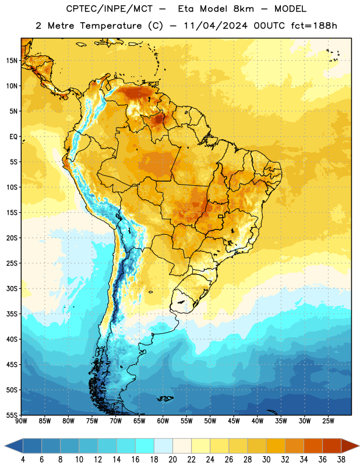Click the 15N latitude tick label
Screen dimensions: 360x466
point(12,61)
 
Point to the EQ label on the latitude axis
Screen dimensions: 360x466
point(13,137)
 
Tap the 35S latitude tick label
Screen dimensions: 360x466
point(12,314)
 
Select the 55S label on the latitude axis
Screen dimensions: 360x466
point(12,415)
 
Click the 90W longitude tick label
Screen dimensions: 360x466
point(21,421)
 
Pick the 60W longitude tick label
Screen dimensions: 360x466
point(163,421)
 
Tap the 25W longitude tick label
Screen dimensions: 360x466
point(328,421)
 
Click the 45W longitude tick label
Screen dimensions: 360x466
point(234,421)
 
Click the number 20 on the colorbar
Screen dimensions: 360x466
point(172,460)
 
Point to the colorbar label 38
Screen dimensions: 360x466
point(341,460)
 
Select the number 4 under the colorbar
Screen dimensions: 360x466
point(23,460)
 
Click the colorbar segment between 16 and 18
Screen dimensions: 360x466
point(145,446)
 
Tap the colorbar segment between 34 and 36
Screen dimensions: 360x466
point(313,446)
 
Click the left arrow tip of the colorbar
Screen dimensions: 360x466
point(5,446)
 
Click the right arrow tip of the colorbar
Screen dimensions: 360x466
point(359,446)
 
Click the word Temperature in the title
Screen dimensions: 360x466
point(111,26)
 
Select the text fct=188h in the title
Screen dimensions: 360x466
point(314,26)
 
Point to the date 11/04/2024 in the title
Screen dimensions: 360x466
point(215,26)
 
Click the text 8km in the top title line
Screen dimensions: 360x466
point(243,9)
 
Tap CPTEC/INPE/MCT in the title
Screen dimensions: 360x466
point(109,9)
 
